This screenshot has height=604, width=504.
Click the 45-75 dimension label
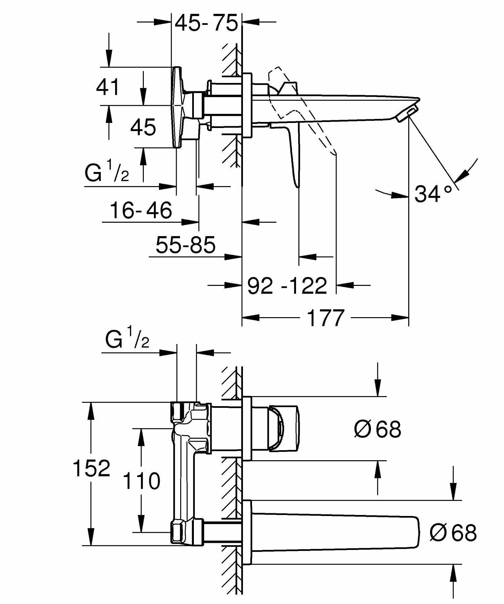coord(206,23)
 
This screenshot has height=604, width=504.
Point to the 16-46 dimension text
coord(141,210)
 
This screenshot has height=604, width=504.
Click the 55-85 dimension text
coord(185,245)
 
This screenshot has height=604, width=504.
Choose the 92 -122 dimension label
coord(287,286)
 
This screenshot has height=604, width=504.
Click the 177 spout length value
coord(326,318)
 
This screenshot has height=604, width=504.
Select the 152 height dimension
coord(91,468)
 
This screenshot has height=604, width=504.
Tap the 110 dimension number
coord(141,481)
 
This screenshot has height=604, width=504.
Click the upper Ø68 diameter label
coord(377,429)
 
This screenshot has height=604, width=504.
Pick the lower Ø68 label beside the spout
coord(453,532)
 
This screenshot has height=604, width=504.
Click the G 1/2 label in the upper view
coord(107,172)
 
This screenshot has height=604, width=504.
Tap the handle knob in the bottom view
coord(284,428)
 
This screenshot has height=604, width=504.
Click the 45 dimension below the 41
coord(143,127)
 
